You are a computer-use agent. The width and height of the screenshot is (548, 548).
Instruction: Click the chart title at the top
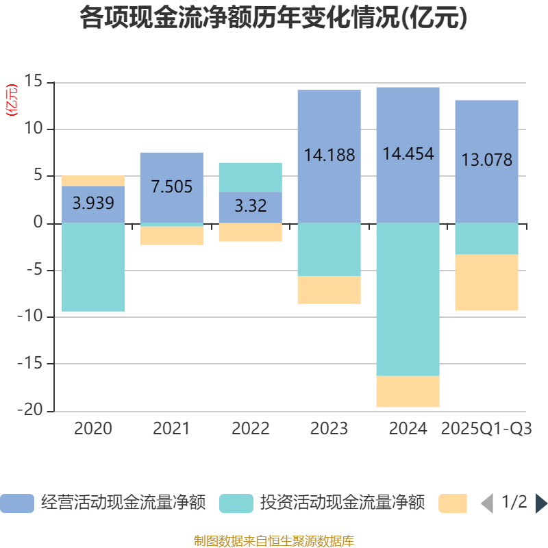point(274,18)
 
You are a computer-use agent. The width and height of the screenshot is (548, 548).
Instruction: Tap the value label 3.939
point(93,203)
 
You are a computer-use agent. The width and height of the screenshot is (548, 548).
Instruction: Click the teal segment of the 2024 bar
point(408,299)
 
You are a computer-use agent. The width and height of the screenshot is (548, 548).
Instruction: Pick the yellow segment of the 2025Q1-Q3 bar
point(486,282)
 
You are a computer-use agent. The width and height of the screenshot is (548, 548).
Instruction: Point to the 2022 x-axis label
point(250,429)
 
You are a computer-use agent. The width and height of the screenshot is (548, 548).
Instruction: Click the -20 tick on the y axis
point(34,411)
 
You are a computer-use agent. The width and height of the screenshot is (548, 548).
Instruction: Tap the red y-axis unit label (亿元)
point(12,101)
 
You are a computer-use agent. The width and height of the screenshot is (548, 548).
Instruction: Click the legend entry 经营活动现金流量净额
point(103,503)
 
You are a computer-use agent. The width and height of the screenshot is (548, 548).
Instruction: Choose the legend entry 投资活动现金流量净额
point(322,503)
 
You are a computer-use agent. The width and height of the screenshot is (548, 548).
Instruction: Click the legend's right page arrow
point(541,503)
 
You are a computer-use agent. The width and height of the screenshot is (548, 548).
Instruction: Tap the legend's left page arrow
point(487,503)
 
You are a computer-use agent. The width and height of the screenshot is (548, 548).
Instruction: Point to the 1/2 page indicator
point(514,502)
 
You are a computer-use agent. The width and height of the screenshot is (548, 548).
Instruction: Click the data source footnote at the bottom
point(274,541)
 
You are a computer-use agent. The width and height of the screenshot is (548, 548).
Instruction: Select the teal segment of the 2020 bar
point(93,267)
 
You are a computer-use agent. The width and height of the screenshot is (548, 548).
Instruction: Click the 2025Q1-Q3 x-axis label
point(486,429)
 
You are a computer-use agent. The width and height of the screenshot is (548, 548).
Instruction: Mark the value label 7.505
point(172,186)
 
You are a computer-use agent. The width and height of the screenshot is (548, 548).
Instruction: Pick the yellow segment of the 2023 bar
point(329,290)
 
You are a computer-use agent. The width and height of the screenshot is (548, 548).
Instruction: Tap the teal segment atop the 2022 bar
point(250,177)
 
